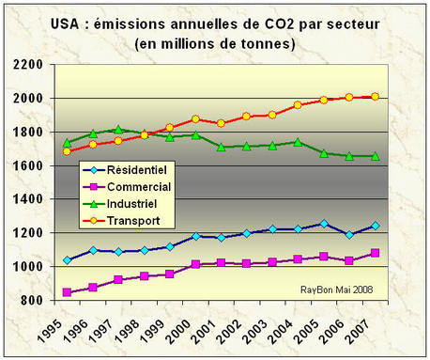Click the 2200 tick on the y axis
click(30, 64)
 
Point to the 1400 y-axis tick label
click(30, 199)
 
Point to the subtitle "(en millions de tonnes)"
click(215, 43)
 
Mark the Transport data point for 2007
click(375, 96)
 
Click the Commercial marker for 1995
click(67, 292)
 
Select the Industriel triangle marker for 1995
click(67, 143)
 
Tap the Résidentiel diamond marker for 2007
click(375, 226)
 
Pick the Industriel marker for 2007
click(375, 156)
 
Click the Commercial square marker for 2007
click(375, 253)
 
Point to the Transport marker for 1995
click(67, 151)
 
